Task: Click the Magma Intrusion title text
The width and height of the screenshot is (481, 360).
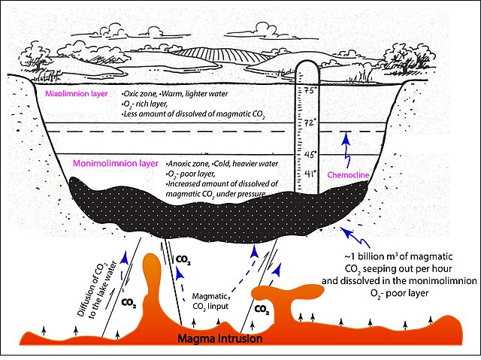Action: [x=219, y=339]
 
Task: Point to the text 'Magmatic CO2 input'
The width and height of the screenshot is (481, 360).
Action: [x=215, y=301]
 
